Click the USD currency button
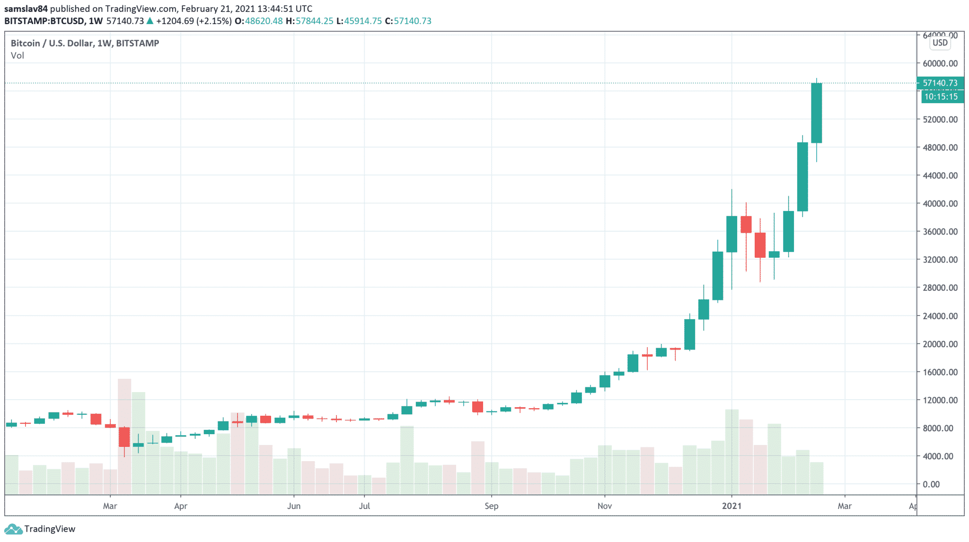pos(940,43)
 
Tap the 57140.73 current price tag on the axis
pos(940,83)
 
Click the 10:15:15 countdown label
pos(941,96)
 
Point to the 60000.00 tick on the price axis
pos(940,63)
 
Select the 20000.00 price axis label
pos(940,344)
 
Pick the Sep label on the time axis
pos(491,506)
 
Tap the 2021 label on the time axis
pos(731,506)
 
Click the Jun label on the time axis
pos(294,506)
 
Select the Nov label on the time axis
pos(604,506)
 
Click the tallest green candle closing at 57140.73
pos(816,113)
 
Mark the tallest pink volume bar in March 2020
pos(124,435)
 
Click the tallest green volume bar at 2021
pos(731,452)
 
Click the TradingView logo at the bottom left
pos(40,529)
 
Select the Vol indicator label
pos(18,56)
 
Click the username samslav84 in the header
pos(26,9)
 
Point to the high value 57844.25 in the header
pos(315,21)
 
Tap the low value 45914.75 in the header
pos(363,21)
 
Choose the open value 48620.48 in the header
pos(264,21)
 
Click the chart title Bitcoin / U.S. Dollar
pos(52,43)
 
